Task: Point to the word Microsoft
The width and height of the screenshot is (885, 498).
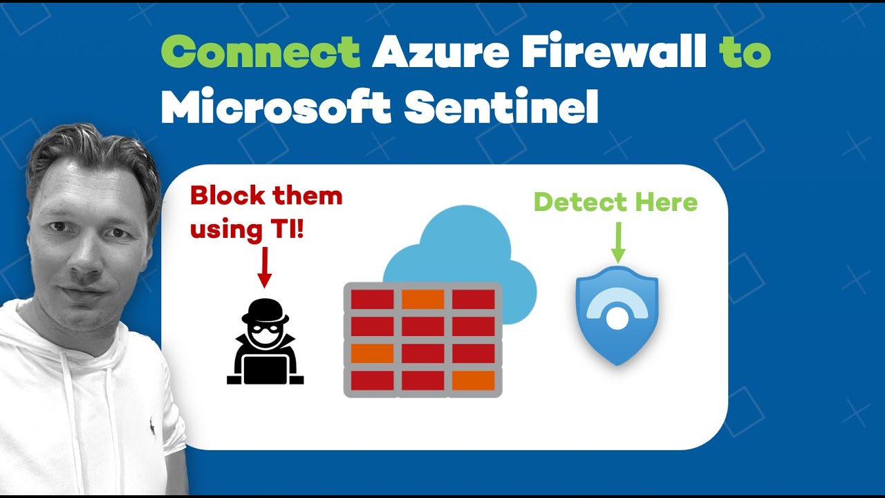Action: [276, 108]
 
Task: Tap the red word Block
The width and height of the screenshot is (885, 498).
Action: [224, 196]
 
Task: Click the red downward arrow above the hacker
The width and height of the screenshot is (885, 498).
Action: [264, 268]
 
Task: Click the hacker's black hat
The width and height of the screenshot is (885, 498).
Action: [265, 309]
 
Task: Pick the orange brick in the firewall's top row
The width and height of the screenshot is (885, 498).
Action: [422, 299]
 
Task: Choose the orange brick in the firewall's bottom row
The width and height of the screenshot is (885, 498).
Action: [473, 380]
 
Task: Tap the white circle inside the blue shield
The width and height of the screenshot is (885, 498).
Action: [615, 318]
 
